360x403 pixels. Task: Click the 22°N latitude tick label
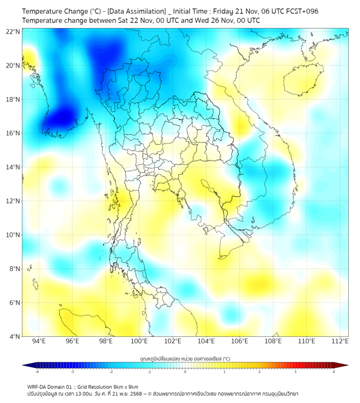click(x=13, y=31)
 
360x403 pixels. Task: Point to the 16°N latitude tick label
click(x=13, y=133)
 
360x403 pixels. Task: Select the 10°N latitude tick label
click(x=13, y=235)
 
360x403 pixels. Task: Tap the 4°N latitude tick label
click(x=14, y=336)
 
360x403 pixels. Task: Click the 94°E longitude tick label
click(x=39, y=341)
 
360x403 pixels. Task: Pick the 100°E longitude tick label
click(x=140, y=341)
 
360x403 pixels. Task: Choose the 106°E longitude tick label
click(x=240, y=341)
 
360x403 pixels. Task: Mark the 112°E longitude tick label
click(x=341, y=341)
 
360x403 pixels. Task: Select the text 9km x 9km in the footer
click(x=123, y=386)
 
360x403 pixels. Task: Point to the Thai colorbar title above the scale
click(x=185, y=359)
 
